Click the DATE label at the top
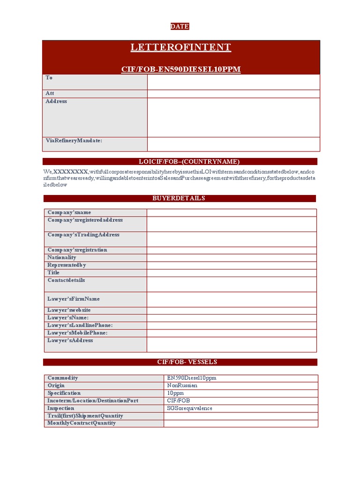pyautogui.click(x=180, y=27)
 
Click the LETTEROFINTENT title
pyautogui.click(x=180, y=47)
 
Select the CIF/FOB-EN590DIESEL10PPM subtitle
pyautogui.click(x=180, y=69)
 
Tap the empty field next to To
pyautogui.click(x=233, y=82)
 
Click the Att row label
pyautogui.click(x=50, y=93)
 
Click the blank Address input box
pyautogui.click(x=233, y=117)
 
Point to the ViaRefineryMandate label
pyautogui.click(x=74, y=141)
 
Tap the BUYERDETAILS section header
pyautogui.click(x=180, y=198)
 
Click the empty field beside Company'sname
pyautogui.click(x=232, y=212)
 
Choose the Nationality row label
pyautogui.click(x=61, y=257)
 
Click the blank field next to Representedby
pyautogui.click(x=232, y=265)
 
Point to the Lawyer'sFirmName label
pyautogui.click(x=73, y=299)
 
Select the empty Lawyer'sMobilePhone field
pyautogui.click(x=232, y=333)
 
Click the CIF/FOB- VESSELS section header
pyautogui.click(x=180, y=362)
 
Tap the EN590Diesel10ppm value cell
pyautogui.click(x=192, y=378)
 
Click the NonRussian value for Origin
pyautogui.click(x=182, y=385)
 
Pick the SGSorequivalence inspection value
pyautogui.click(x=189, y=408)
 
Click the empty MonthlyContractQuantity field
pyautogui.click(x=240, y=423)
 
